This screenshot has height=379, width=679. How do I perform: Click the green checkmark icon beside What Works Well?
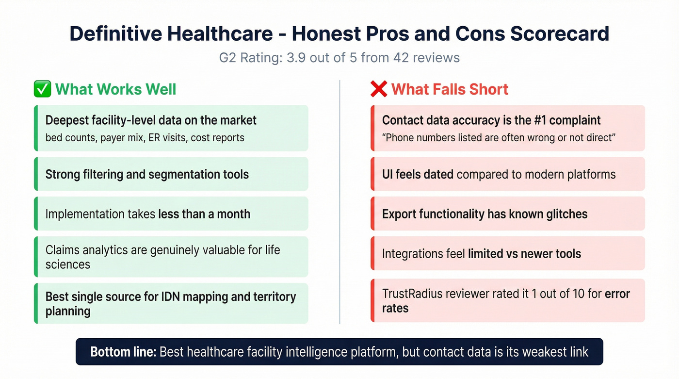click(42, 89)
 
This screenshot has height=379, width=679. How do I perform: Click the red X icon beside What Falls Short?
click(378, 89)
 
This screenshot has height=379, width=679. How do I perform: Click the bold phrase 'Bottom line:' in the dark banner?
click(123, 352)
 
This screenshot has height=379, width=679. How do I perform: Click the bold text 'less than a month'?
click(204, 214)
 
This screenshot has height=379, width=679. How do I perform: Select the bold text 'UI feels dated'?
click(418, 174)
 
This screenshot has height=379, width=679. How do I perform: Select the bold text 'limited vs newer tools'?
click(524, 253)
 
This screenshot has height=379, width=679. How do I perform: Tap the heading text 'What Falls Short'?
click(450, 89)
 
